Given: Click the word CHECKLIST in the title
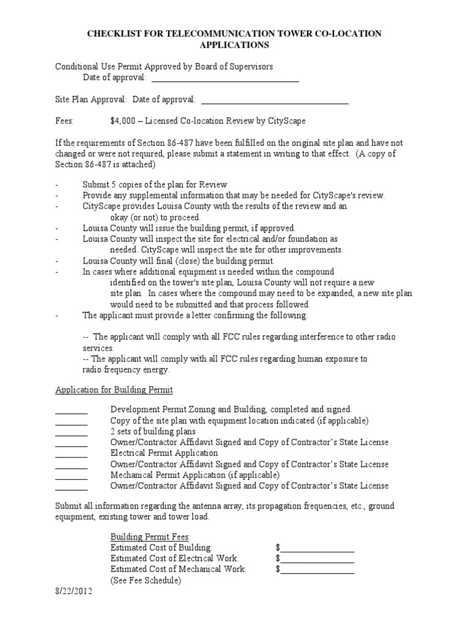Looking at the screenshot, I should (x=115, y=34).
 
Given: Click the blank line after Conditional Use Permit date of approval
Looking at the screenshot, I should (x=225, y=79).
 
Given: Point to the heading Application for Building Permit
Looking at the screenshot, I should (x=114, y=389).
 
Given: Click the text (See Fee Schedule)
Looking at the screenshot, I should (x=145, y=580).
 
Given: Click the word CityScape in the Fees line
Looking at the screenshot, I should (x=286, y=121).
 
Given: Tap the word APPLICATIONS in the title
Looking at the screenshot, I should (x=234, y=45).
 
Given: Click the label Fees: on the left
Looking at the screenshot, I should (x=65, y=121).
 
